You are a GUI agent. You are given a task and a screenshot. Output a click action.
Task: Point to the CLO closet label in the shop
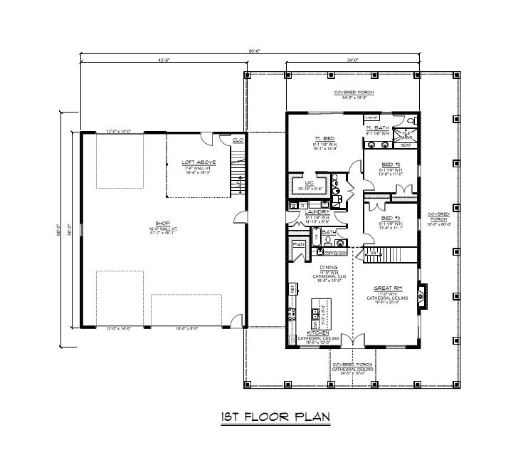tap(237, 140)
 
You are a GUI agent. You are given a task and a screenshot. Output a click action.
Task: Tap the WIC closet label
tap(310, 183)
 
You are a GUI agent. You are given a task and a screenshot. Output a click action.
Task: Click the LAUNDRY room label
tap(315, 211)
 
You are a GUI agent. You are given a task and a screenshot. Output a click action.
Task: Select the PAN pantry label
tap(298, 244)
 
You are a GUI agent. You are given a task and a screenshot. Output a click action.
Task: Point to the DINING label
tap(328, 267)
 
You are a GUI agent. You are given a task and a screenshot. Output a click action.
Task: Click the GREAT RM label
tap(389, 288)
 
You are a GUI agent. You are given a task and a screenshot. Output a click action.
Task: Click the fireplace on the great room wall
tap(421, 293)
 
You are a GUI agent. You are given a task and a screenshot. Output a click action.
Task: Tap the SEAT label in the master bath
tap(406, 145)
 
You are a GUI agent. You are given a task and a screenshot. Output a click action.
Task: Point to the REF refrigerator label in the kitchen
tap(292, 289)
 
